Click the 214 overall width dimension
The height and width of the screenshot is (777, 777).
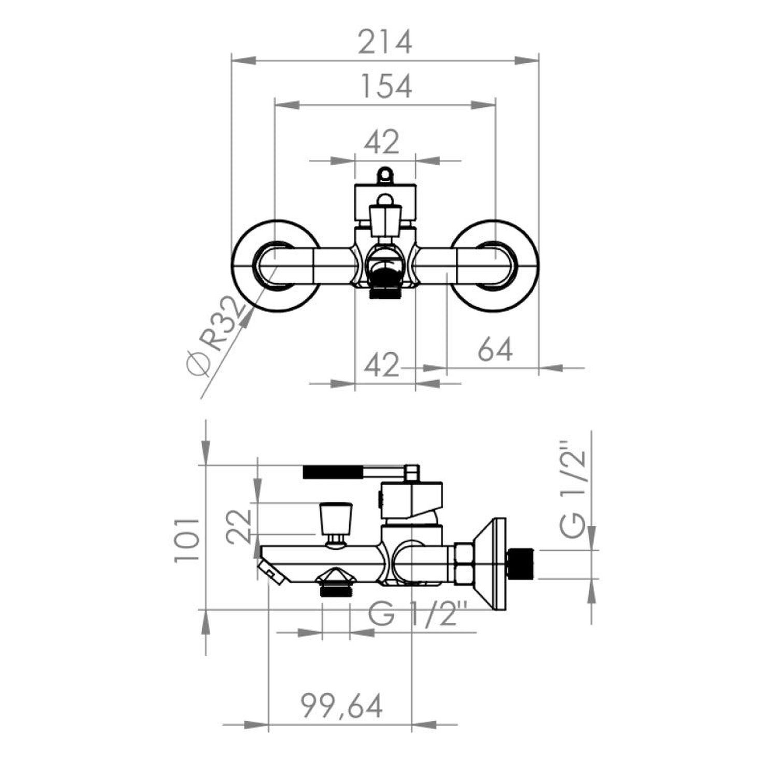[x=385, y=42]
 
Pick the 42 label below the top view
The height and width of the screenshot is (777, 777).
[x=382, y=366]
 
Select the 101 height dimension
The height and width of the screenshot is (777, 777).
[x=187, y=539]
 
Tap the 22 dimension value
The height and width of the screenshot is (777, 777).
[x=239, y=525]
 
